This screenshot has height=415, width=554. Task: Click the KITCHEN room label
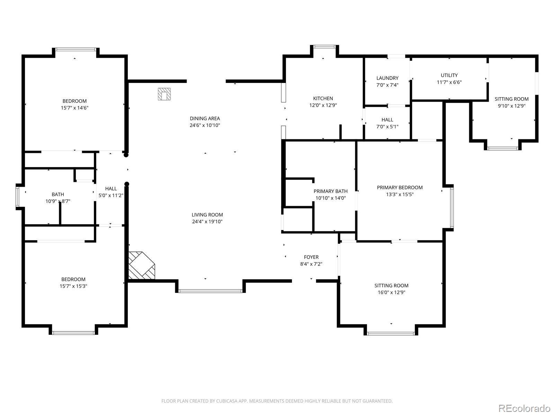click(x=323, y=98)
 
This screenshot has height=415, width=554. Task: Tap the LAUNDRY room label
click(x=387, y=78)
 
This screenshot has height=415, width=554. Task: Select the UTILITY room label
click(x=449, y=75)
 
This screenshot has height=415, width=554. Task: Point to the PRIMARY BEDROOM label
click(x=400, y=187)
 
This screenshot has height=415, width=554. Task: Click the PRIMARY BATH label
click(x=330, y=191)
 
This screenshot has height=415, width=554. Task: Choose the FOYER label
click(x=311, y=257)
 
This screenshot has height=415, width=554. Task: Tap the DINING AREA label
click(x=205, y=118)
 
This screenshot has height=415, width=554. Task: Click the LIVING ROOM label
click(x=207, y=215)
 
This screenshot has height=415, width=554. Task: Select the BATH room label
click(x=58, y=194)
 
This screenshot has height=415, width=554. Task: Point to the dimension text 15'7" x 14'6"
click(x=74, y=108)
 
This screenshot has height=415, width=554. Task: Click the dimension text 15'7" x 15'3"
click(x=73, y=286)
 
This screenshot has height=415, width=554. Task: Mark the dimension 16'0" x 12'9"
click(x=391, y=292)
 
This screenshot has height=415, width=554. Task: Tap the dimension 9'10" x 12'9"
click(x=511, y=106)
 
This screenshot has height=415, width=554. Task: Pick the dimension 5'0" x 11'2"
click(x=111, y=195)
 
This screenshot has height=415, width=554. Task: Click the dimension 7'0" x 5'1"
click(x=387, y=127)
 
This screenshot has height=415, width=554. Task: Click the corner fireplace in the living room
click(x=141, y=265)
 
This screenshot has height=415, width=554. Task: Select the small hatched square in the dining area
click(x=164, y=94)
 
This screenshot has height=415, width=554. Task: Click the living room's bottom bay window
click(x=210, y=291)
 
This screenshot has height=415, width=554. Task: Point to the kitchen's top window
click(x=324, y=47)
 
